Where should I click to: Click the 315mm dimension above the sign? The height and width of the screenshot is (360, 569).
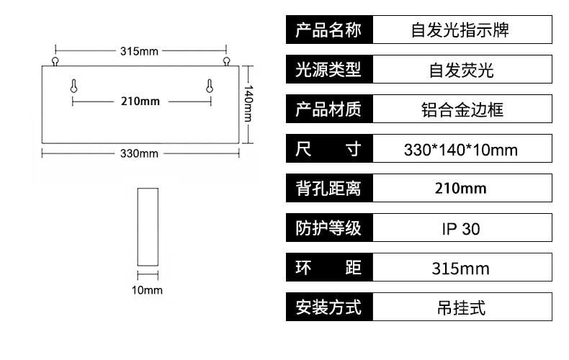(139, 51)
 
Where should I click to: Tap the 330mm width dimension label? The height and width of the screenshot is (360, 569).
(139, 153)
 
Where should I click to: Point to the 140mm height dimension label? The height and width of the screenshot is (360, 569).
(248, 103)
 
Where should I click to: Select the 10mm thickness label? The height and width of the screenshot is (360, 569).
(148, 290)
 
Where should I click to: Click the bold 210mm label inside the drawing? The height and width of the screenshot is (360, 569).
(140, 101)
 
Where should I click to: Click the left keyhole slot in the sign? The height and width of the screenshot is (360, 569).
(73, 86)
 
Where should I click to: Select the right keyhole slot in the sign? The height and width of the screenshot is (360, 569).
(209, 86)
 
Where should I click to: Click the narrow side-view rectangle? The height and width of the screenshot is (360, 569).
(148, 228)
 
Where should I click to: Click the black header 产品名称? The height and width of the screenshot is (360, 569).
(328, 31)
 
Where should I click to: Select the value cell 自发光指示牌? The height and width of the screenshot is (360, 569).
(461, 31)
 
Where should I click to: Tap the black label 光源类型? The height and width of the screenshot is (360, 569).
(328, 71)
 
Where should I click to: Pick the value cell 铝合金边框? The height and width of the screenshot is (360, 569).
(461, 110)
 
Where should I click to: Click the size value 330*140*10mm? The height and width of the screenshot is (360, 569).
(461, 150)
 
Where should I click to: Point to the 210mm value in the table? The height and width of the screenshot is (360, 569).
(461, 189)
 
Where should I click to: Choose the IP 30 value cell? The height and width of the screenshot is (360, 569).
(461, 229)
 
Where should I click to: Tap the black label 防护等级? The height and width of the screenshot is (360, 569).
(328, 229)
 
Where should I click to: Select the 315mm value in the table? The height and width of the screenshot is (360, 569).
(461, 269)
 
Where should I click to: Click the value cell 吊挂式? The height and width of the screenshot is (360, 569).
(461, 308)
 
